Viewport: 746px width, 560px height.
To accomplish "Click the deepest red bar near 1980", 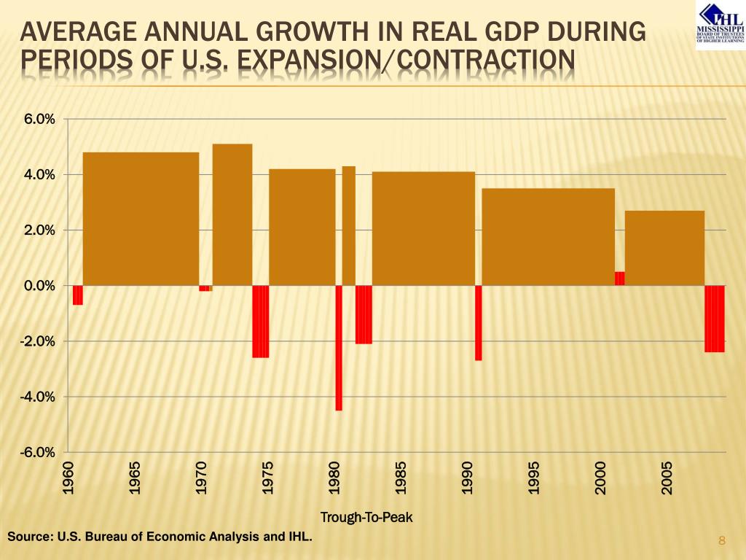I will [339, 348].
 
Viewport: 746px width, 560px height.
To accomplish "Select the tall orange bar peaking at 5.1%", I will [232, 214].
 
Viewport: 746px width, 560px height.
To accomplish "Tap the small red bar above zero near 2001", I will [620, 278].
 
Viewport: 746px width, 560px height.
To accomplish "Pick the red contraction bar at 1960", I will [78, 295].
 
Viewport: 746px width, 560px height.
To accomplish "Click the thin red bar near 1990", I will [478, 322].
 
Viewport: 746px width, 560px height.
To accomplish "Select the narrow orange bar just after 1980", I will [349, 226].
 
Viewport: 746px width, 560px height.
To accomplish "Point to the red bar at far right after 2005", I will [715, 319].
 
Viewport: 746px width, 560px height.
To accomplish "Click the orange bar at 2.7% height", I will [664, 248].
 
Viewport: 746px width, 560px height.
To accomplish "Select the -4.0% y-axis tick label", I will [36, 397].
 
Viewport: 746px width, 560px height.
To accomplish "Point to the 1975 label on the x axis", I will [268, 478].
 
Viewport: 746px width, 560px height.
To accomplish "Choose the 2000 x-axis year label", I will [600, 478].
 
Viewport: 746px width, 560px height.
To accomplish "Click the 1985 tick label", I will [401, 478].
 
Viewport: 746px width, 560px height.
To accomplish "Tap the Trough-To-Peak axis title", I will [366, 518].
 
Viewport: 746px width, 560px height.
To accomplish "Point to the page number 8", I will [722, 540].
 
